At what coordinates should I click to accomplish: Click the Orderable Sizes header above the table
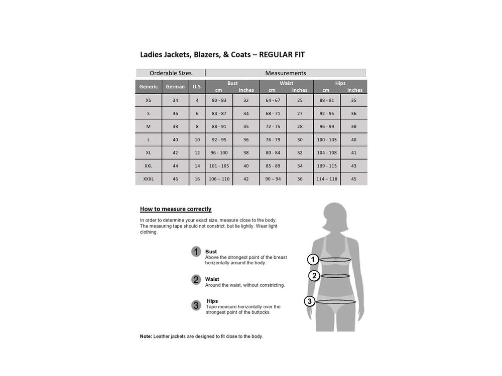pyautogui.click(x=170, y=73)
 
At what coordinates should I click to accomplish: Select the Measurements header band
pyautogui.click(x=285, y=73)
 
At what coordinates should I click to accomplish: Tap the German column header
pyautogui.click(x=175, y=87)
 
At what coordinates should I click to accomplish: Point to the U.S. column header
pyautogui.click(x=197, y=87)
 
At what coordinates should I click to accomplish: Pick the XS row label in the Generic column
pyautogui.click(x=148, y=100)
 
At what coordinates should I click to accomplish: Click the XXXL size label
pyautogui.click(x=148, y=179)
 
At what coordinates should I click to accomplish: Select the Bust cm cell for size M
pyautogui.click(x=219, y=127)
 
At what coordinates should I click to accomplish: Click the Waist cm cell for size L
pyautogui.click(x=273, y=140)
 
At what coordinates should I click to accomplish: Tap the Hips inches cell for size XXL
pyautogui.click(x=353, y=166)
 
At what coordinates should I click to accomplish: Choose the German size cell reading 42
pyautogui.click(x=175, y=153)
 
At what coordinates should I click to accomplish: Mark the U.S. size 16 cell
pyautogui.click(x=197, y=179)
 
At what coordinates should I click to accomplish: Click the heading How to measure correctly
pyautogui.click(x=175, y=209)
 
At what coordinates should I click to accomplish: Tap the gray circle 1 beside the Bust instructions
pyautogui.click(x=196, y=252)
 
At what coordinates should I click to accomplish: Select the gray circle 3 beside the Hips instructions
pyautogui.click(x=196, y=305)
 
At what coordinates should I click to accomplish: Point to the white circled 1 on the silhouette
pyautogui.click(x=313, y=259)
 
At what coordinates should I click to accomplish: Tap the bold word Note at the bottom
pyautogui.click(x=146, y=336)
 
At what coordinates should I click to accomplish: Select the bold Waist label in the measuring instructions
pyautogui.click(x=212, y=279)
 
